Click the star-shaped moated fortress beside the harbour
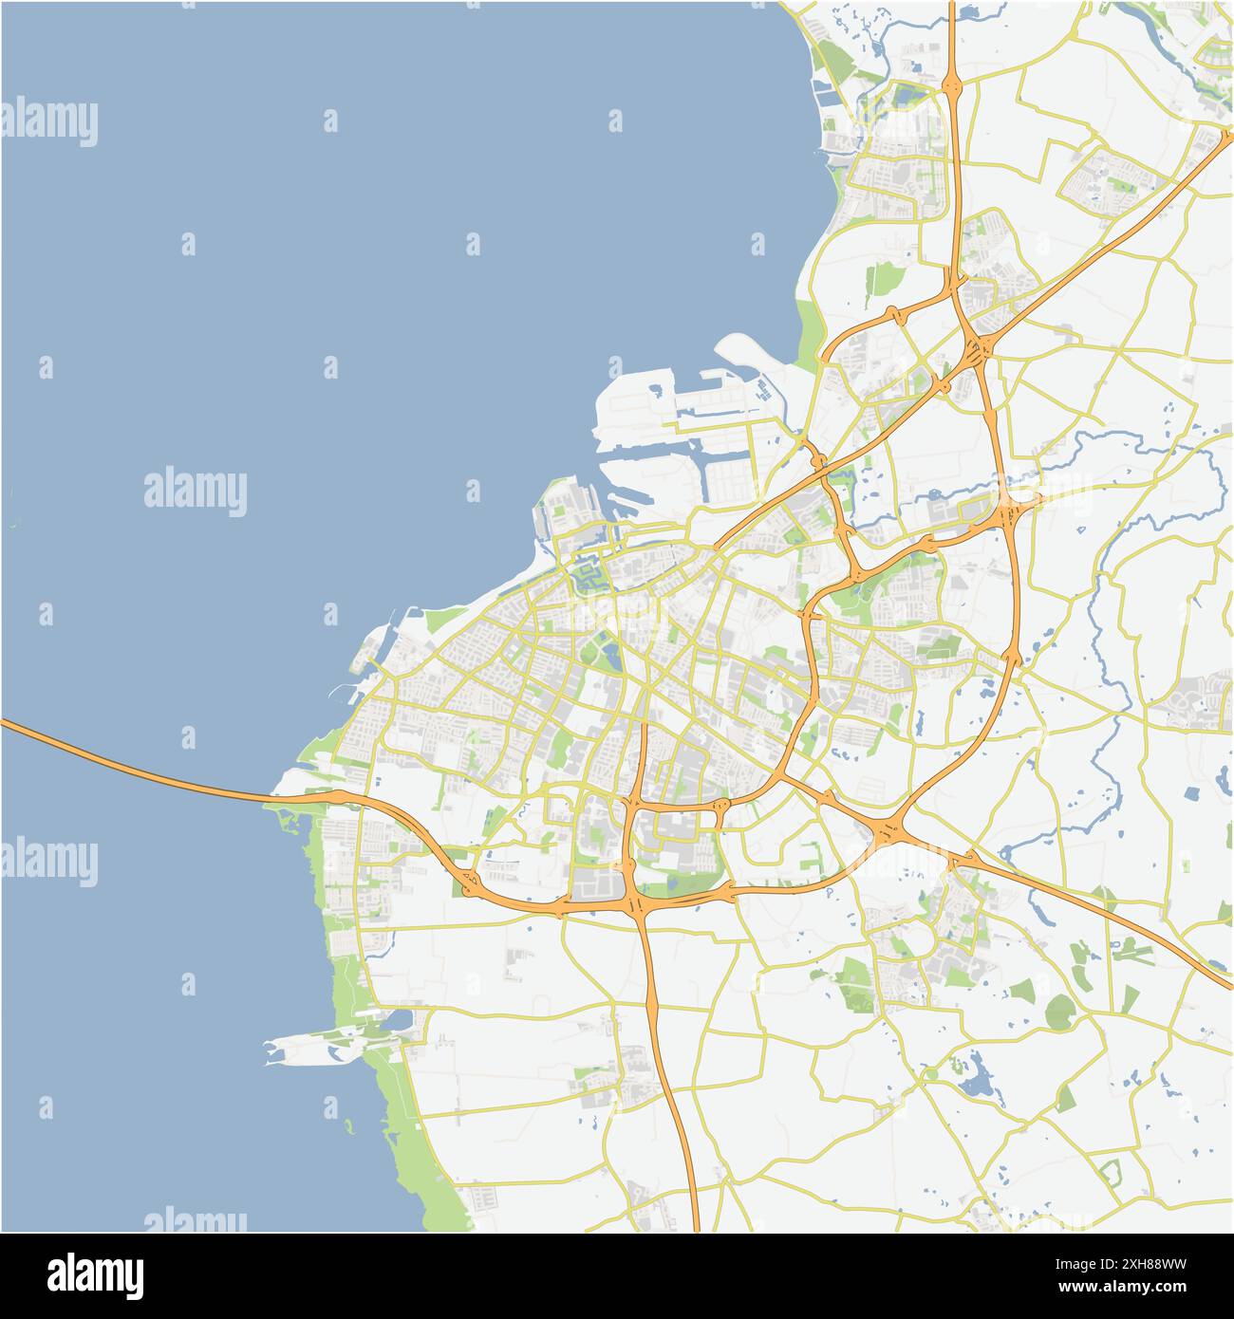(587, 574)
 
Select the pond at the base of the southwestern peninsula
(399, 1021)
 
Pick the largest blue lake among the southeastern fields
(976, 1078)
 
